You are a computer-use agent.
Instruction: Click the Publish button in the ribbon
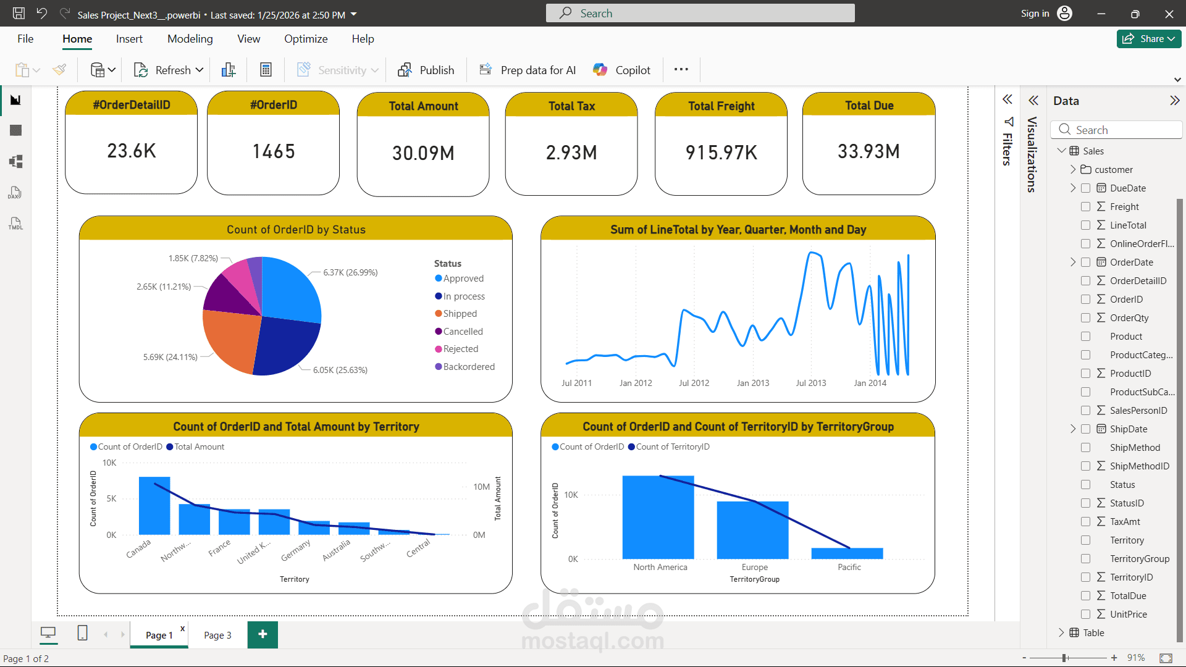pyautogui.click(x=426, y=70)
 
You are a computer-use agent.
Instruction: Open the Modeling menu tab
pyautogui.click(x=190, y=39)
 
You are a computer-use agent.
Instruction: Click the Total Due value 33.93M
pyautogui.click(x=868, y=152)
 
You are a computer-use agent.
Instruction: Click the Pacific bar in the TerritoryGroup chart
pyautogui.click(x=847, y=553)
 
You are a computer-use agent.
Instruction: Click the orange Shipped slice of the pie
pyautogui.click(x=229, y=340)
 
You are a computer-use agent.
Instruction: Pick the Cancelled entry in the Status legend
pyautogui.click(x=463, y=332)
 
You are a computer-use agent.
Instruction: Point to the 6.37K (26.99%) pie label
pyautogui.click(x=350, y=272)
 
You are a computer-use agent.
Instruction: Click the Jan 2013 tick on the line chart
pyautogui.click(x=752, y=383)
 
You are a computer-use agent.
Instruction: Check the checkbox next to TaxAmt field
pyautogui.click(x=1085, y=522)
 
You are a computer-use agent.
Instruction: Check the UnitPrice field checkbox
pyautogui.click(x=1085, y=615)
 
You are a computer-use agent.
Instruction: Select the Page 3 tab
pyautogui.click(x=217, y=635)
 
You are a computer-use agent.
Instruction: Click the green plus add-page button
pyautogui.click(x=263, y=634)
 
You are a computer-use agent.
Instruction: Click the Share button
pyautogui.click(x=1148, y=39)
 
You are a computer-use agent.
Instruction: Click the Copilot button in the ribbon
pyautogui.click(x=621, y=70)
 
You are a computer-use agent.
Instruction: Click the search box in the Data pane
pyautogui.click(x=1118, y=130)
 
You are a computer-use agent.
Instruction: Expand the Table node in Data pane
pyautogui.click(x=1061, y=632)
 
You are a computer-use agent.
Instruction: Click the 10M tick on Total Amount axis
pyautogui.click(x=481, y=487)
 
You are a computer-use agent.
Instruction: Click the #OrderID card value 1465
pyautogui.click(x=273, y=152)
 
